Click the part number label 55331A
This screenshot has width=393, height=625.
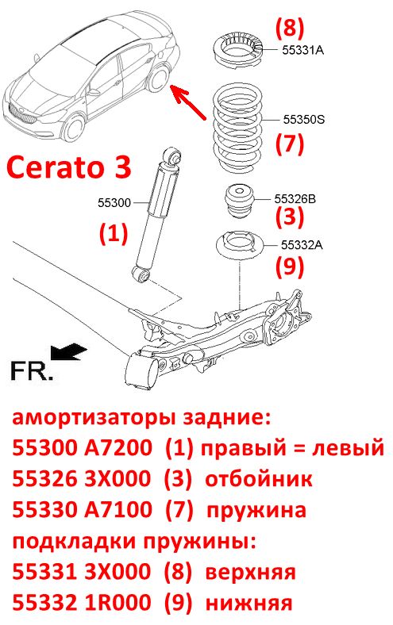point(302,50)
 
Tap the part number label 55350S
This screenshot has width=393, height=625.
point(304,119)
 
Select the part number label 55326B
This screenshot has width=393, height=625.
point(295,198)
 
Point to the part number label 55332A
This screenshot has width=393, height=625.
point(302,244)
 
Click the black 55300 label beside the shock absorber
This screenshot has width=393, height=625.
point(114,203)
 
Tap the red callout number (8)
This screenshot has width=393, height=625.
point(289,27)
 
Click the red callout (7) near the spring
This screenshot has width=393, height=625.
point(289,143)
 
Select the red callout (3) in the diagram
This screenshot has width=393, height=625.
point(289,216)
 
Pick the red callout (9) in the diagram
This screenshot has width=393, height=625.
point(289,266)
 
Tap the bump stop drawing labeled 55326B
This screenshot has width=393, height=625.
point(240,202)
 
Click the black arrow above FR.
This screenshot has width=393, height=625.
point(67,353)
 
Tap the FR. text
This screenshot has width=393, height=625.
point(31,370)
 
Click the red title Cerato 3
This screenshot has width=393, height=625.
point(68,167)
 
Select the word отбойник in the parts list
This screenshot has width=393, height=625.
point(259,479)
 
